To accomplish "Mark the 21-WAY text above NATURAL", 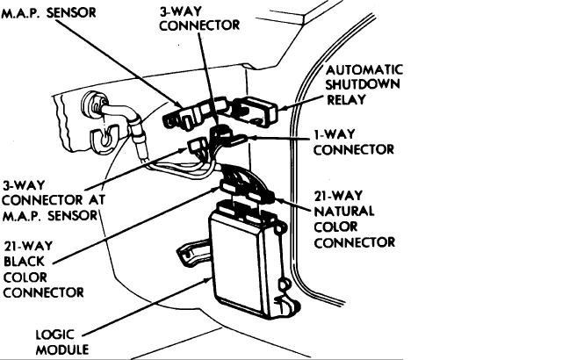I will tap(339, 196).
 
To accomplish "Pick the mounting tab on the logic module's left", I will tap(188, 255).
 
